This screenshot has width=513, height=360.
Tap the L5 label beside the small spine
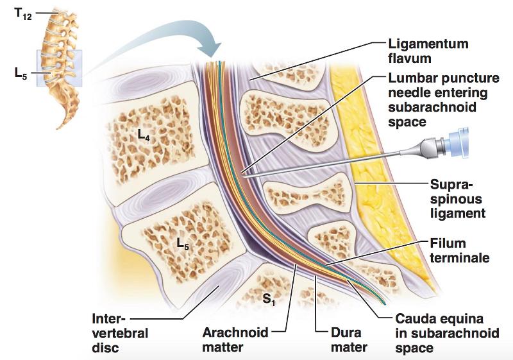pos(21,73)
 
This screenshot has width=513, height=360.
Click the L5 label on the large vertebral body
pos(184,243)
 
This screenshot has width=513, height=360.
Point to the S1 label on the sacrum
pos(269,299)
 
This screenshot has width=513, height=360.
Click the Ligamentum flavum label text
pos(428,52)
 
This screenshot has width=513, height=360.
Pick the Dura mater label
pos(350,340)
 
